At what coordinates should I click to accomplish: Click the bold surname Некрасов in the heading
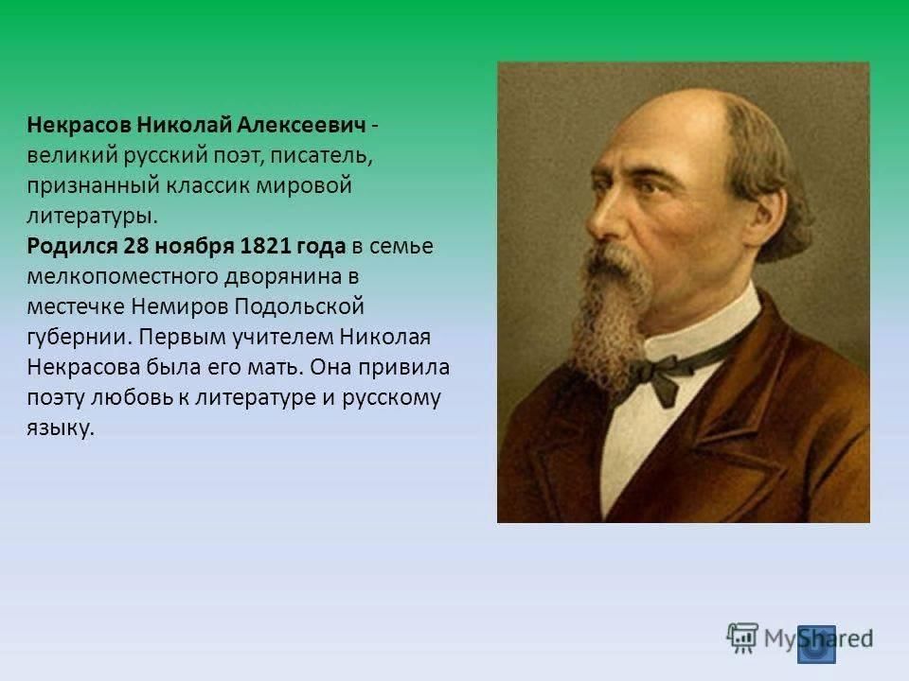(x=79, y=125)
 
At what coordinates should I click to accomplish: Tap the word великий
(x=72, y=156)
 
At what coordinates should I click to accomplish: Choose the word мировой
(x=304, y=186)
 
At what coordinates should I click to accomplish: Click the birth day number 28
(x=136, y=246)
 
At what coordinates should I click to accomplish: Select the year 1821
(x=265, y=246)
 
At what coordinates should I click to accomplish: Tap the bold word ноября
(x=194, y=247)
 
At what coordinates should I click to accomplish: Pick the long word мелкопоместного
(x=123, y=277)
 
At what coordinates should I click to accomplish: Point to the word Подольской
(x=298, y=306)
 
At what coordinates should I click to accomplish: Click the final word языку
(x=61, y=428)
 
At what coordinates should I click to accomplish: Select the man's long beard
(x=609, y=313)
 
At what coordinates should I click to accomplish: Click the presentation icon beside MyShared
(x=742, y=638)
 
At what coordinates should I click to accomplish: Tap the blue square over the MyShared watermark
(x=816, y=644)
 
